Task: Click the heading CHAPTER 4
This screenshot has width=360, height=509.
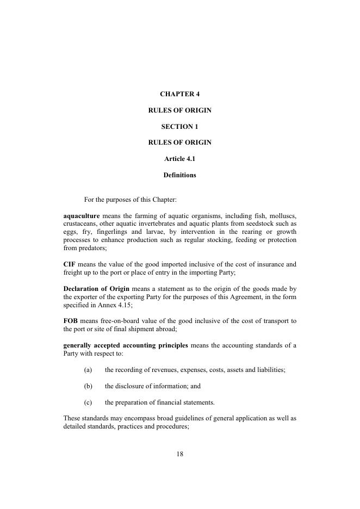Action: [x=179, y=94]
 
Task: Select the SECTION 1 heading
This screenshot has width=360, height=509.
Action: [x=179, y=127]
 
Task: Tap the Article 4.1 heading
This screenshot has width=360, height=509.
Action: [x=179, y=159]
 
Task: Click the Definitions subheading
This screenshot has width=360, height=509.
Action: [x=179, y=175]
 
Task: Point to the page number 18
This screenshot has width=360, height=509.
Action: [x=179, y=455]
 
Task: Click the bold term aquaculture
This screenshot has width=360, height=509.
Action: [x=82, y=216]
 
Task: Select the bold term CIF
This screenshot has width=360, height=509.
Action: [x=69, y=264]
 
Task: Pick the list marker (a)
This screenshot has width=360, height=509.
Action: [x=88, y=370]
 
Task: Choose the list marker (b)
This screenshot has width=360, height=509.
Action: [x=88, y=386]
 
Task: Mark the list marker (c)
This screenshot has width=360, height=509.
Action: [x=88, y=402]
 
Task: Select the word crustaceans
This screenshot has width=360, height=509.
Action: [x=82, y=224]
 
